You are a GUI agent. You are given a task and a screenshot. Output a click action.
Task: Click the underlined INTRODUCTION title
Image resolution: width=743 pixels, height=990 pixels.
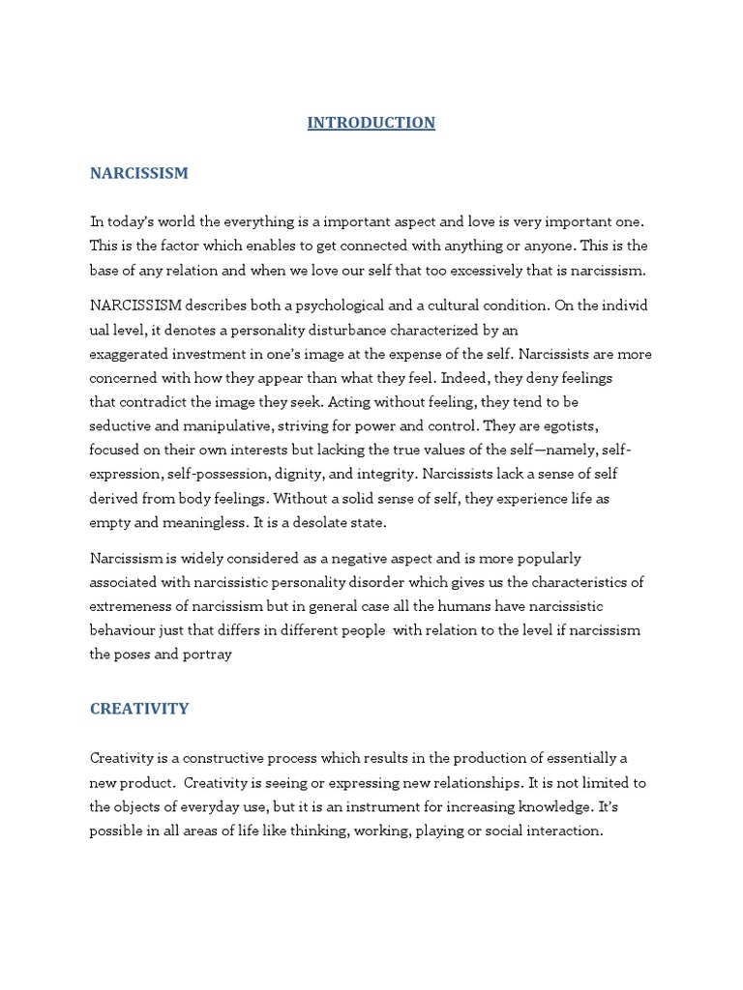tap(371, 123)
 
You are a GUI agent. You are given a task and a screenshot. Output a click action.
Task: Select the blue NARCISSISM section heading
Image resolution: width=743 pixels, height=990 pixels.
tap(139, 173)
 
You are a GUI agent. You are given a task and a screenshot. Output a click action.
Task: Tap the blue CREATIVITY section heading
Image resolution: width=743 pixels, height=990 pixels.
tap(139, 709)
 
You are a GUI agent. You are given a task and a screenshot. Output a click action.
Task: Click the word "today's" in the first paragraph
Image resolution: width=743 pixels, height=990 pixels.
tap(133, 221)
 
